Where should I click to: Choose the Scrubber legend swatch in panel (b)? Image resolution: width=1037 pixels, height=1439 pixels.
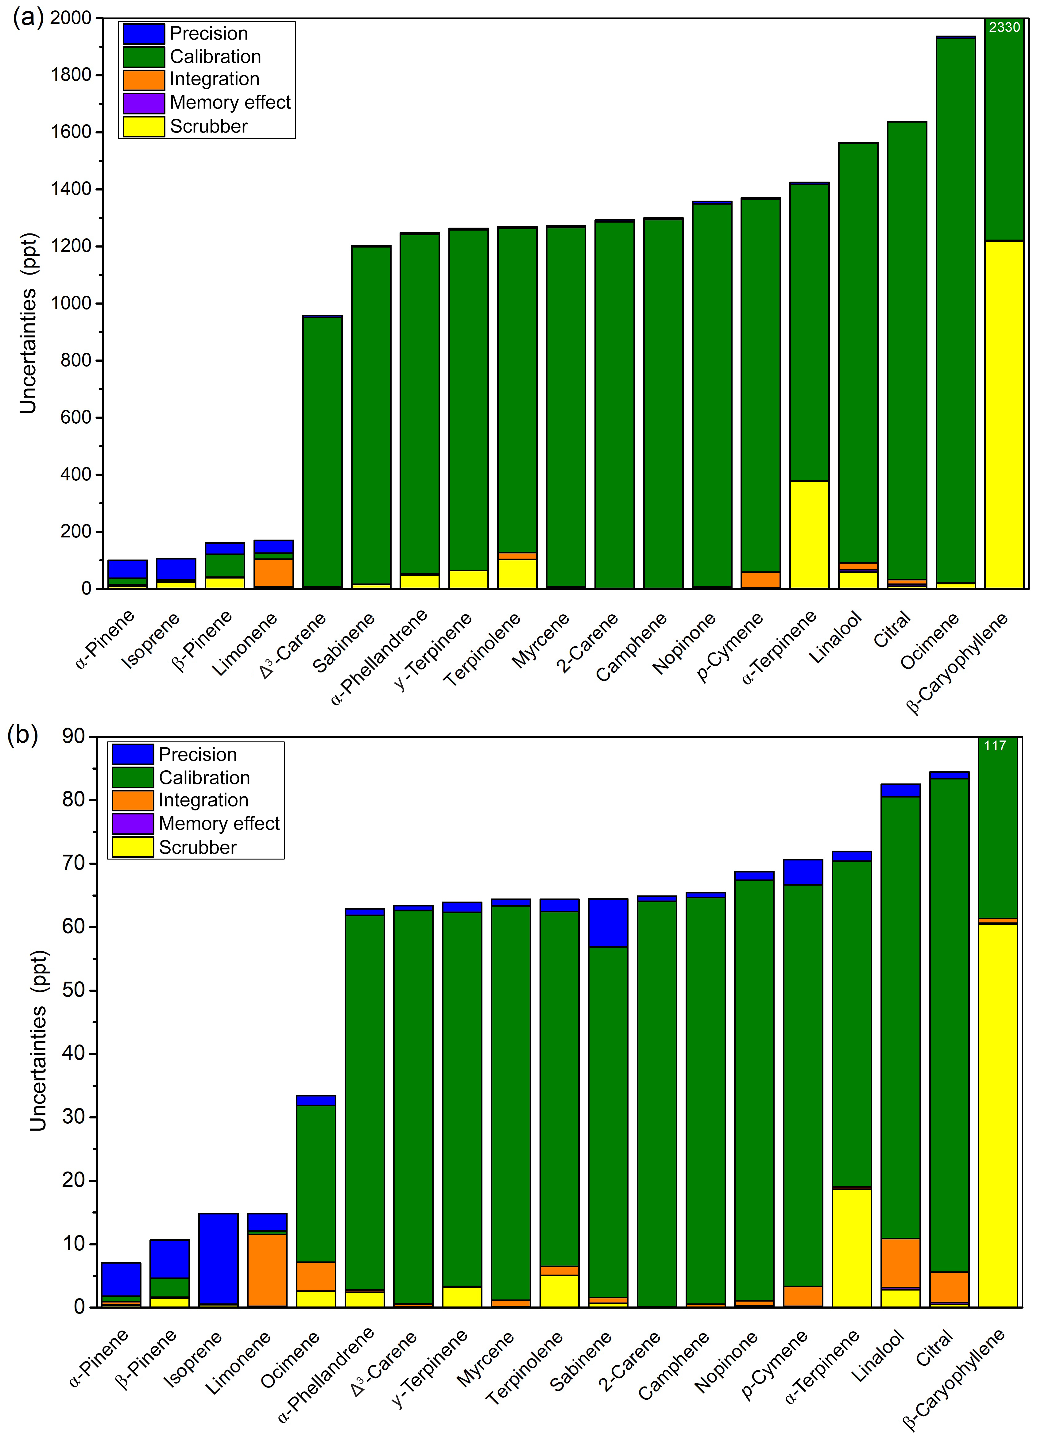[133, 847]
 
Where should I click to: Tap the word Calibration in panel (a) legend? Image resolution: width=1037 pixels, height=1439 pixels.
[215, 56]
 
